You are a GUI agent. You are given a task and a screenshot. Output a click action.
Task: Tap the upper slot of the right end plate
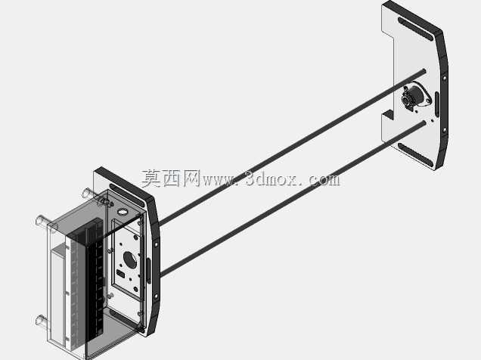[x=416, y=29]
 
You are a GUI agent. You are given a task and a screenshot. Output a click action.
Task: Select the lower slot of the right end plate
[x=416, y=154]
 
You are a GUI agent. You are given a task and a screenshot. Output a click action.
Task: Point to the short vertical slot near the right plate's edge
[x=437, y=104]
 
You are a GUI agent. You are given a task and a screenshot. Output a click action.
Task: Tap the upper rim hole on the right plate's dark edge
[x=445, y=78]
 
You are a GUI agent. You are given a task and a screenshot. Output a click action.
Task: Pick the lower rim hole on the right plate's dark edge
[x=445, y=130]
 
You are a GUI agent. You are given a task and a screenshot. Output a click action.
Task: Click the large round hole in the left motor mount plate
[x=130, y=260]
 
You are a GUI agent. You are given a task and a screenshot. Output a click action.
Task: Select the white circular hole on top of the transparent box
[x=123, y=212]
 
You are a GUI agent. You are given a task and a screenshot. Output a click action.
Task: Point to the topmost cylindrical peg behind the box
[x=87, y=193]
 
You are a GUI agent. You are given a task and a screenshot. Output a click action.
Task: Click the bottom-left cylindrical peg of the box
[x=42, y=321]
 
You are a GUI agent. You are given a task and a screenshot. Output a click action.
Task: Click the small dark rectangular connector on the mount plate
[x=120, y=274]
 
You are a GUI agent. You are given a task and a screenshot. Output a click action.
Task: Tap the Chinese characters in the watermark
[x=171, y=178]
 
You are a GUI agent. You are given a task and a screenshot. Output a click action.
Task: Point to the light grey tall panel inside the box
[x=57, y=296]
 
